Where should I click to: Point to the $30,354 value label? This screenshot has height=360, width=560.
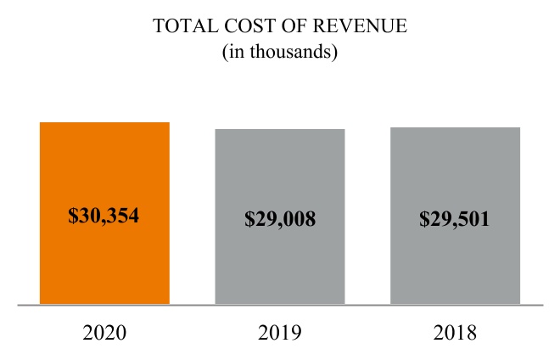[x=104, y=216]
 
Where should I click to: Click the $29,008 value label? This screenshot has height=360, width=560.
[x=280, y=219]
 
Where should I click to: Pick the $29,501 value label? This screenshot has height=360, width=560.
[x=455, y=219]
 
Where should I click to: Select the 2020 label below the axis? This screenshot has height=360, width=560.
[x=104, y=332]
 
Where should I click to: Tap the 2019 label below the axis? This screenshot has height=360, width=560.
[x=280, y=332]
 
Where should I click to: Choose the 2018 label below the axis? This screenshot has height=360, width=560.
[x=455, y=332]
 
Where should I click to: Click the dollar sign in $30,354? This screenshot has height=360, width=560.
[x=73, y=216]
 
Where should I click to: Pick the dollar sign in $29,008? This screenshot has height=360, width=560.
[x=249, y=219]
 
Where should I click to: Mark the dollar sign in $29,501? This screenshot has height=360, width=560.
[x=424, y=219]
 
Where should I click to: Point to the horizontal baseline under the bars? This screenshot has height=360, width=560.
[x=280, y=304]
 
